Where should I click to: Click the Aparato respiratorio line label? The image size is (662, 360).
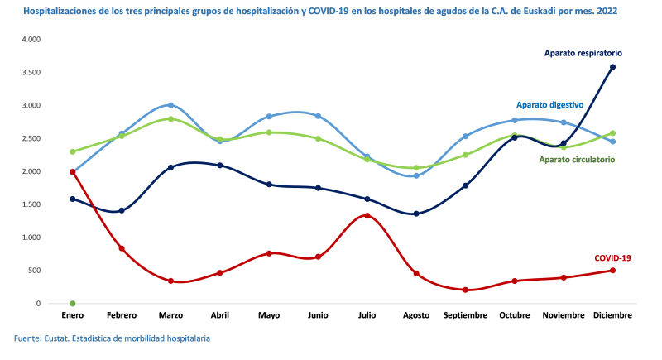click(x=583, y=53)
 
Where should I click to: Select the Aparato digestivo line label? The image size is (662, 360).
click(x=550, y=105)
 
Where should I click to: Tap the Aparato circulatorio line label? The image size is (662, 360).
click(x=577, y=159)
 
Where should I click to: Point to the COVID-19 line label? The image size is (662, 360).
click(x=612, y=258)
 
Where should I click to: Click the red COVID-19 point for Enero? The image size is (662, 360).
click(x=73, y=172)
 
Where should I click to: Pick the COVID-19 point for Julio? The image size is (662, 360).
click(x=367, y=216)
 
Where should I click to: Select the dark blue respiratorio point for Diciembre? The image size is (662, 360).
click(x=612, y=67)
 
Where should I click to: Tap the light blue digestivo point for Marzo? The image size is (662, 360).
click(x=170, y=105)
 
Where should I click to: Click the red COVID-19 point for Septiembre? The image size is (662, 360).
click(x=465, y=290)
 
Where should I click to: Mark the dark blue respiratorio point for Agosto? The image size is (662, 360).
click(x=416, y=214)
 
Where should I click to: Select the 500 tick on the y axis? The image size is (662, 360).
click(x=33, y=271)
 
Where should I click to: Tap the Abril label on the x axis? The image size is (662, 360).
click(x=220, y=315)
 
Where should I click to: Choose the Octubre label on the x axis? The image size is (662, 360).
click(x=514, y=315)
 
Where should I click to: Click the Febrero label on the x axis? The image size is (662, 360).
click(x=122, y=315)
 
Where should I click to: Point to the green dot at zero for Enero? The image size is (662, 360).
click(x=73, y=304)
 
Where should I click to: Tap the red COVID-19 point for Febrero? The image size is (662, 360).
click(x=122, y=248)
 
